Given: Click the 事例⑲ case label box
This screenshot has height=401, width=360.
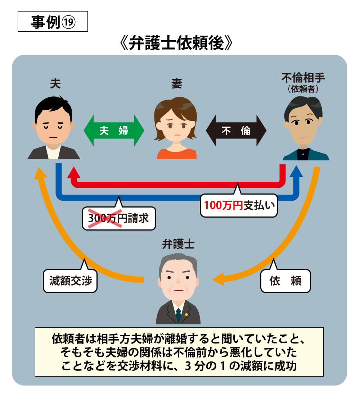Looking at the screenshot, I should [53, 22].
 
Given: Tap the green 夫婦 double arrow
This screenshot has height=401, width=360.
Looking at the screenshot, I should [114, 131].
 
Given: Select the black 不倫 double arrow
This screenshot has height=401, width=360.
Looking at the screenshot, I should [236, 131].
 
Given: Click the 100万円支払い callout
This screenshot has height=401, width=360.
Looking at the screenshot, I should [239, 206].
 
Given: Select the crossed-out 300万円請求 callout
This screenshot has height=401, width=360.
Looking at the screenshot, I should [118, 218].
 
